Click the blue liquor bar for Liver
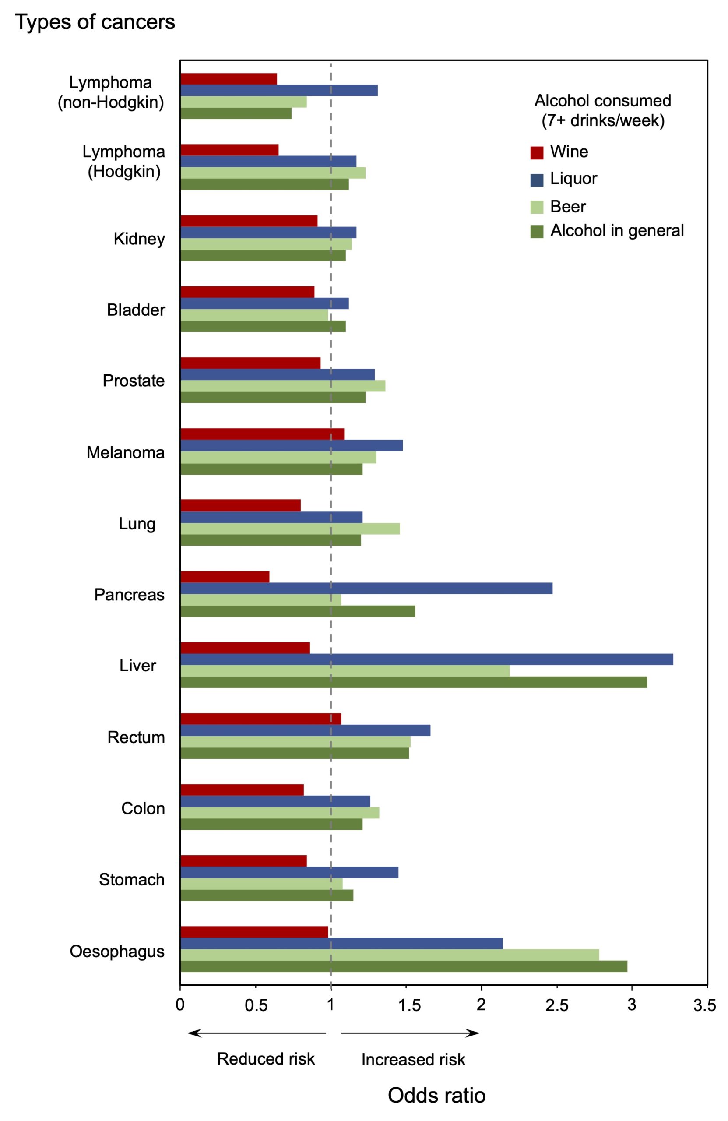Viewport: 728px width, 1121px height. pyautogui.click(x=426, y=659)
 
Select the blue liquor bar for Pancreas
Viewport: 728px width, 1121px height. pyautogui.click(x=366, y=588)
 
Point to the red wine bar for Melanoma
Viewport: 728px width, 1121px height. pyautogui.click(x=262, y=434)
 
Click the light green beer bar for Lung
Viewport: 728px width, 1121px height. pyautogui.click(x=290, y=529)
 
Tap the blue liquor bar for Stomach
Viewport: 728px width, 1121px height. pyautogui.click(x=289, y=872)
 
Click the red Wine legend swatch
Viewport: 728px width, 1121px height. pyautogui.click(x=536, y=153)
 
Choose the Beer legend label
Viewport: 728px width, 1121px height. pyautogui.click(x=567, y=206)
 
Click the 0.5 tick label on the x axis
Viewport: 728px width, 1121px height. pyautogui.click(x=256, y=1005)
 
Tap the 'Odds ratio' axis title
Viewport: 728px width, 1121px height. pyautogui.click(x=436, y=1096)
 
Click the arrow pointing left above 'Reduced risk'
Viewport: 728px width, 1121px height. pyautogui.click(x=256, y=1033)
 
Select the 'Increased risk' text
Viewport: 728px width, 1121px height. pyautogui.click(x=413, y=1060)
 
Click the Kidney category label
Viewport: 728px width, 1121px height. pyautogui.click(x=139, y=239)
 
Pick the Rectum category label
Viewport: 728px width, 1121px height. pyautogui.click(x=136, y=737)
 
